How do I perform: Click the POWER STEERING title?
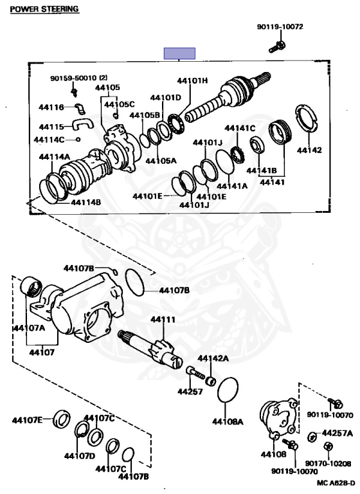point(44,9)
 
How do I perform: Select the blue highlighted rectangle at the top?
point(179,53)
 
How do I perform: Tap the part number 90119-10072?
point(280,27)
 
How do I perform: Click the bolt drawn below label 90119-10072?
point(277,47)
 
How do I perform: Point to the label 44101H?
point(192,80)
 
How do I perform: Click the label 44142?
point(309,150)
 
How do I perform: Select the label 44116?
point(51,107)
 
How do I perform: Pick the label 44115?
point(51,127)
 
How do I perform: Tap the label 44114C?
point(49,139)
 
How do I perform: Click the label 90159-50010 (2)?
point(78,77)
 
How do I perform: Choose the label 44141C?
point(240,128)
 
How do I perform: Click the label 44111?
point(163,320)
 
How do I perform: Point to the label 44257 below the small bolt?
point(190,391)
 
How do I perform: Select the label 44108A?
point(228,421)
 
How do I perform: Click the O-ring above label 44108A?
point(228,390)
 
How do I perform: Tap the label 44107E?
point(27,420)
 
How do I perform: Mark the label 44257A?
point(337,434)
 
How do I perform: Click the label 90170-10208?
point(328,463)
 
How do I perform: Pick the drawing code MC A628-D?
point(335,482)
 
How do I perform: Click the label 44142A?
point(213,358)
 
